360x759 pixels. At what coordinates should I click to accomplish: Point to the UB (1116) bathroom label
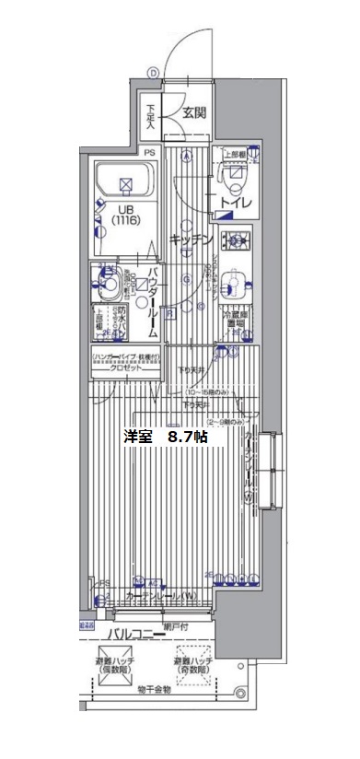click(124, 215)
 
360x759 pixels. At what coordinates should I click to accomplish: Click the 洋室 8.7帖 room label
click(166, 438)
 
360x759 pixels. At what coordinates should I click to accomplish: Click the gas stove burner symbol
click(238, 241)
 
